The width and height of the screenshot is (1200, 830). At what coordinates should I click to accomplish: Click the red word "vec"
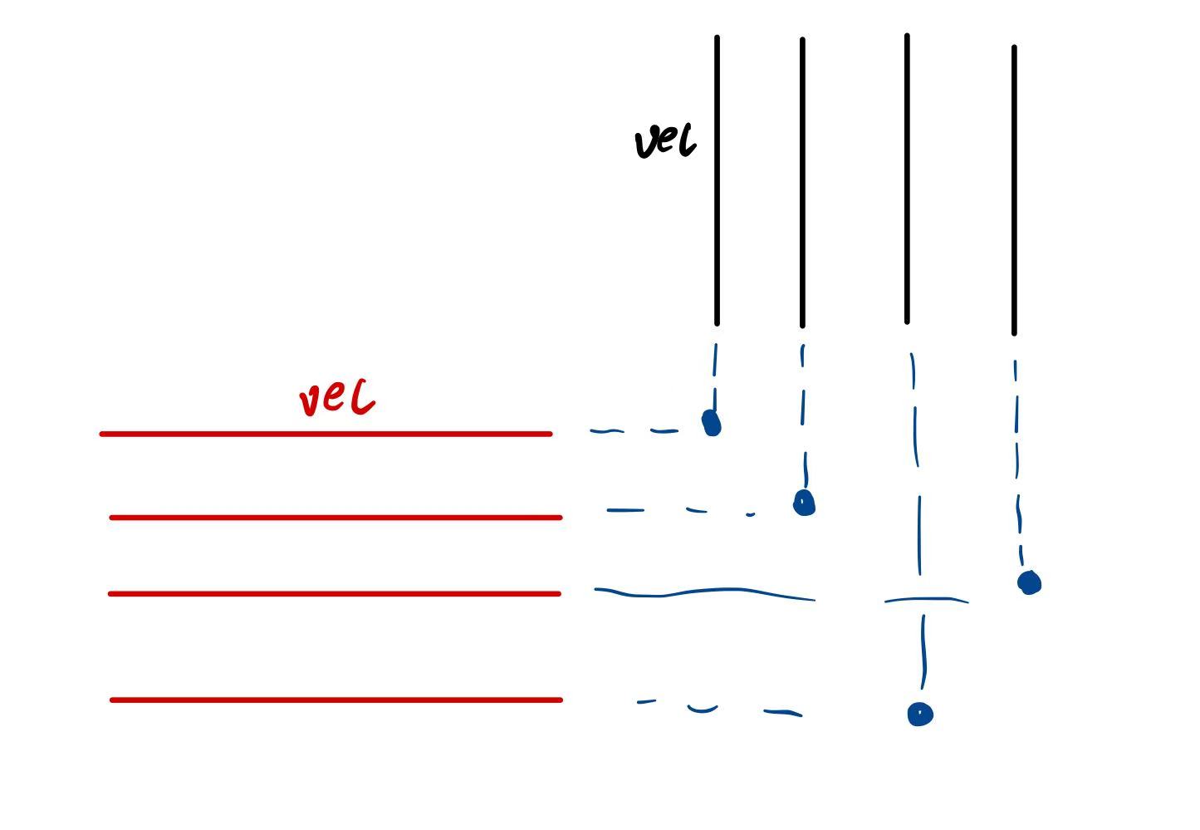(x=336, y=399)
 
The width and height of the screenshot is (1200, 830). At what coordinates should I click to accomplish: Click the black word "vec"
(x=664, y=142)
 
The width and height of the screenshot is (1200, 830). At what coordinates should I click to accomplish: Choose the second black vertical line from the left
(x=802, y=183)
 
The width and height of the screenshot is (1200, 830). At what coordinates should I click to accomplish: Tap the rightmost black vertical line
(x=1014, y=190)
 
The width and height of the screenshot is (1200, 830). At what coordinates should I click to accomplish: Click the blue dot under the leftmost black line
(x=712, y=423)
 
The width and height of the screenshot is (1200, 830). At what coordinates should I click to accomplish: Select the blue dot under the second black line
(x=804, y=503)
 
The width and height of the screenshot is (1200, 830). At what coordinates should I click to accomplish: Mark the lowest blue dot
(x=920, y=715)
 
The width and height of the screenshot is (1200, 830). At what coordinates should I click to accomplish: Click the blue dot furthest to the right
(x=1029, y=582)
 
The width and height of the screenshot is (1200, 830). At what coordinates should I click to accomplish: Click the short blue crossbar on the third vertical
(x=926, y=599)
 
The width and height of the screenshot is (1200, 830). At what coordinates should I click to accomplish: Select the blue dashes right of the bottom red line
(x=719, y=709)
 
